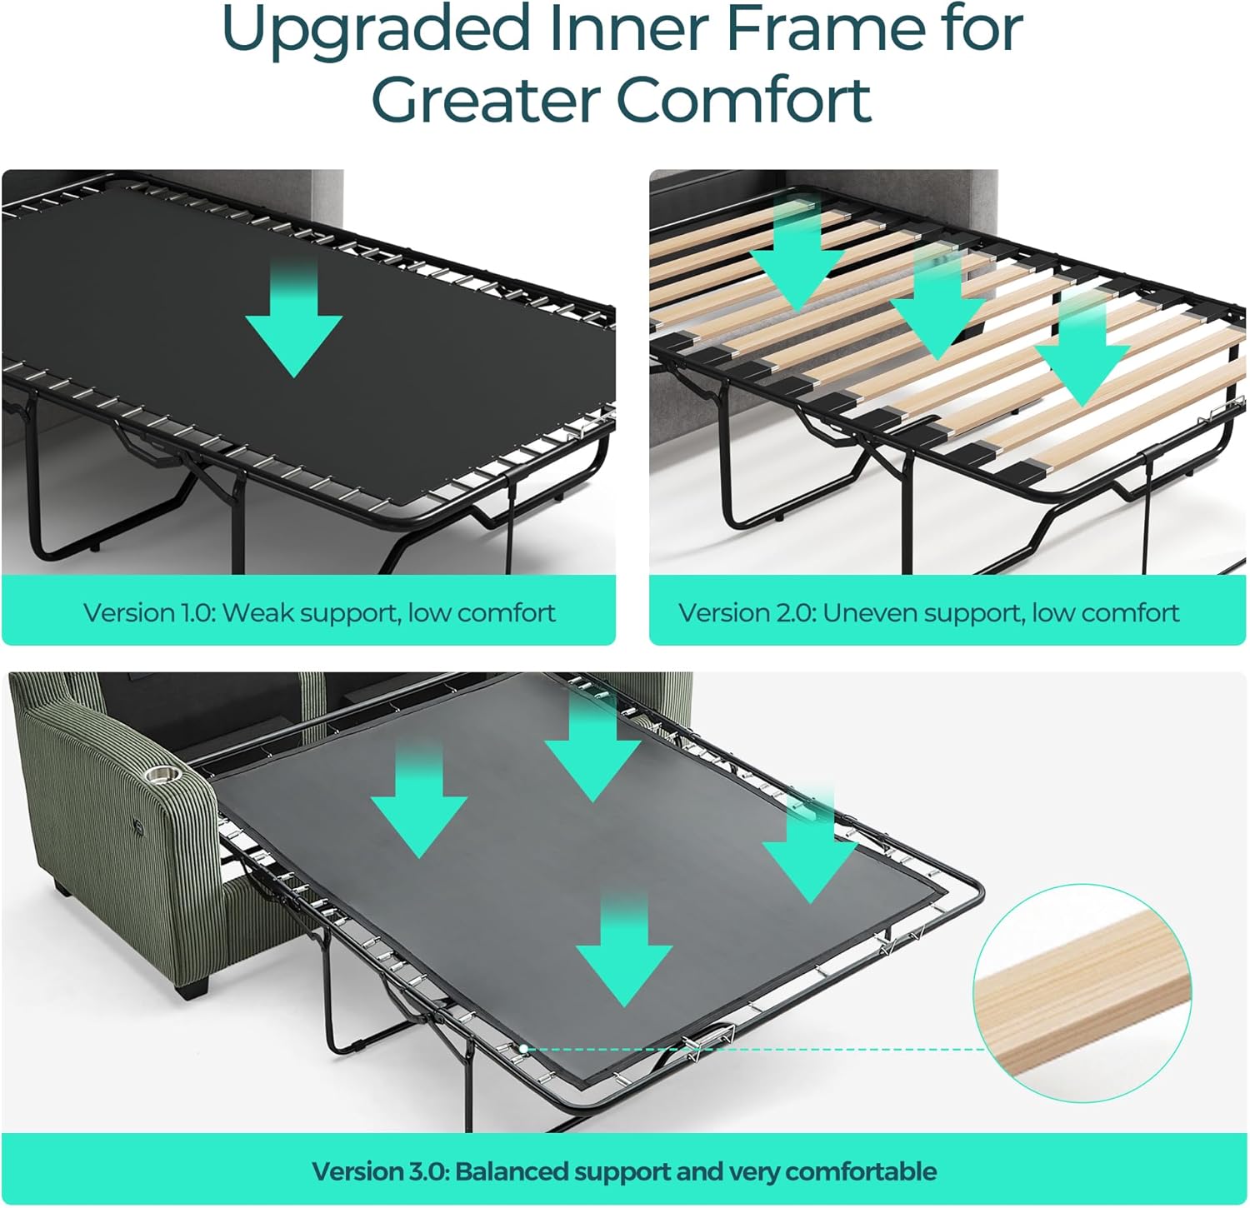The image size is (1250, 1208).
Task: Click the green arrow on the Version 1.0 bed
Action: point(294,316)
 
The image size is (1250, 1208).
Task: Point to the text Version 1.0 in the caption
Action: point(150,613)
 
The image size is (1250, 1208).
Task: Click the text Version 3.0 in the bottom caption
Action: point(381,1171)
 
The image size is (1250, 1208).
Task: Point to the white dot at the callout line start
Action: point(522,1049)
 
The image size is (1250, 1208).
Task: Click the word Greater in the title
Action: point(487,99)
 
